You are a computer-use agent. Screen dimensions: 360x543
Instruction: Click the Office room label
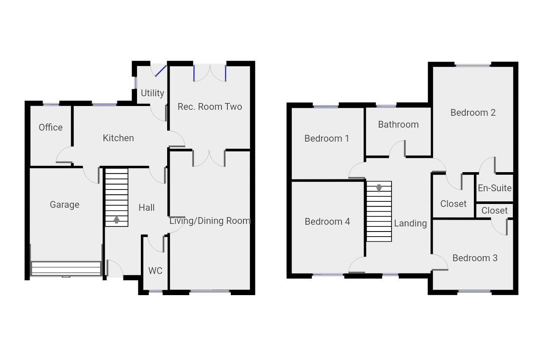(50, 127)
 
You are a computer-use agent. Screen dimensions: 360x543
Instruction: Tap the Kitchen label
(118, 138)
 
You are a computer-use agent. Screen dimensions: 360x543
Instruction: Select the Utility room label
(152, 93)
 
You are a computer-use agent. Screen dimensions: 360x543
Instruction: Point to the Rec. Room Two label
(210, 106)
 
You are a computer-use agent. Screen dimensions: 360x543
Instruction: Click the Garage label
(64, 204)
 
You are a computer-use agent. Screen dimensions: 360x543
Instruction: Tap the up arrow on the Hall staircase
(116, 220)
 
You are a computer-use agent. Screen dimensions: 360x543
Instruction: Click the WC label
(155, 271)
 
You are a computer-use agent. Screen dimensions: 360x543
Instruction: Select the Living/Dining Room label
(210, 220)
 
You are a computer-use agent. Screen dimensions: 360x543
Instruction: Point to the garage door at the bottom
(66, 268)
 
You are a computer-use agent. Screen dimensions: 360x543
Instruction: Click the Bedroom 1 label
(327, 138)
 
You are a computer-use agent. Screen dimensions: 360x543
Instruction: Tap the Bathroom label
(398, 124)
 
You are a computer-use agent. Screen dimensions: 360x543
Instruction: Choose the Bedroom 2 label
(473, 112)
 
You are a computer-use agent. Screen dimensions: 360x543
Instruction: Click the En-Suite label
(495, 188)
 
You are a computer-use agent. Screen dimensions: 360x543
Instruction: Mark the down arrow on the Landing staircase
(379, 187)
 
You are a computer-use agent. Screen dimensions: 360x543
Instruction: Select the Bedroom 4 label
(327, 221)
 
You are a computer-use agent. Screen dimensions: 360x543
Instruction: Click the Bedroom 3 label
(475, 258)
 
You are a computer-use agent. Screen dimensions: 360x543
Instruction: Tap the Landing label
(410, 223)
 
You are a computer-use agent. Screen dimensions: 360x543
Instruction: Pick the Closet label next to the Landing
(453, 204)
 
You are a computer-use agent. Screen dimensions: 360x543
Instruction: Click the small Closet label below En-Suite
(495, 210)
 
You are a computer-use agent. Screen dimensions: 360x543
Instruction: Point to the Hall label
(147, 207)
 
